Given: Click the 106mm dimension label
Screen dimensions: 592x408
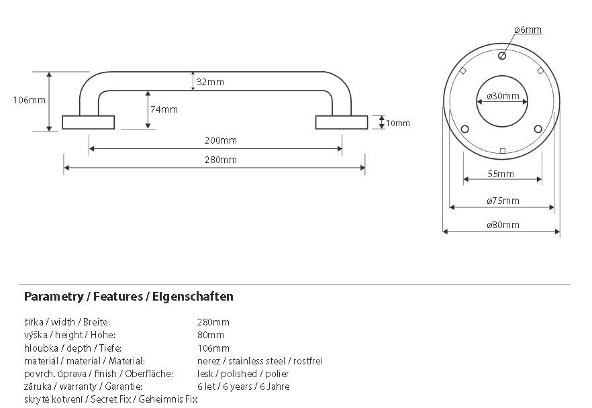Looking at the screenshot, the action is pyautogui.click(x=29, y=100).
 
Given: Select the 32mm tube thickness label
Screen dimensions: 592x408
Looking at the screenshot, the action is pyautogui.click(x=210, y=82).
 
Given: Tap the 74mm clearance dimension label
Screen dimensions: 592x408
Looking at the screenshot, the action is pyautogui.click(x=164, y=109).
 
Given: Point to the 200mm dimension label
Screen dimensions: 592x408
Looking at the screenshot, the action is pyautogui.click(x=220, y=140).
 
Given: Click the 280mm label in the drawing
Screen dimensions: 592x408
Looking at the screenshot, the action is pyautogui.click(x=220, y=160).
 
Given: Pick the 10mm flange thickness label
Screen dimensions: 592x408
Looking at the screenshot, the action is pyautogui.click(x=397, y=123).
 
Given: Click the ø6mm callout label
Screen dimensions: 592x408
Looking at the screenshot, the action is pyautogui.click(x=528, y=30).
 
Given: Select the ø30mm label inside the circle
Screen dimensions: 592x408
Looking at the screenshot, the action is pyautogui.click(x=503, y=96).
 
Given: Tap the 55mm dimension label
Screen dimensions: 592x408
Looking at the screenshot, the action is pyautogui.click(x=501, y=174).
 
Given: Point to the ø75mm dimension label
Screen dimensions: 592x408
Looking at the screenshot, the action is pyautogui.click(x=503, y=201).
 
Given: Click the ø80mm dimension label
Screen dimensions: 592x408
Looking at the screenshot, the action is pyautogui.click(x=503, y=225).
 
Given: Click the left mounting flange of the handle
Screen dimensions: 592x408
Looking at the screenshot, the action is pyautogui.click(x=89, y=122).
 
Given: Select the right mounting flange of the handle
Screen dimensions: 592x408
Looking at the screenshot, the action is pyautogui.click(x=342, y=122).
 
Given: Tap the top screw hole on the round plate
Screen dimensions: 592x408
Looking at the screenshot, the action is pyautogui.click(x=502, y=56).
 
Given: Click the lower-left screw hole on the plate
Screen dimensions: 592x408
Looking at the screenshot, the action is pyautogui.click(x=464, y=129).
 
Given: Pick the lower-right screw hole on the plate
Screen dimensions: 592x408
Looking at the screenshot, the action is pyautogui.click(x=538, y=129).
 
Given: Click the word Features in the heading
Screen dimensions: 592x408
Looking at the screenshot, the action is pyautogui.click(x=118, y=297).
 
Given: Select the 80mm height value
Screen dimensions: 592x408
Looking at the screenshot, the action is pyautogui.click(x=211, y=335).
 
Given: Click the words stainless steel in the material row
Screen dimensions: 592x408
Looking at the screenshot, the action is pyautogui.click(x=256, y=361).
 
